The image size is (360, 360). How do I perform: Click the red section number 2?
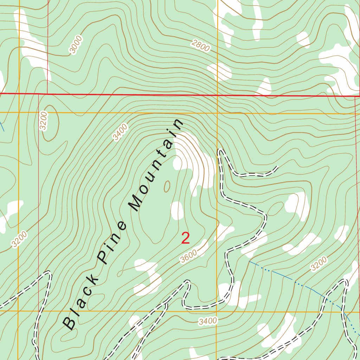[186, 238]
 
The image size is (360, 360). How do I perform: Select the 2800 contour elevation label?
[201, 46]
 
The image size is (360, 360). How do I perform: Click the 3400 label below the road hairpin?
[208, 321]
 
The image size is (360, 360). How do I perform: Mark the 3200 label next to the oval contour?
[43, 121]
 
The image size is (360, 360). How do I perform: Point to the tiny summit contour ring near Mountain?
[167, 186]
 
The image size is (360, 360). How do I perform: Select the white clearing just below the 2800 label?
[220, 72]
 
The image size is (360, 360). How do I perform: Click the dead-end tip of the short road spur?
[278, 167]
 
